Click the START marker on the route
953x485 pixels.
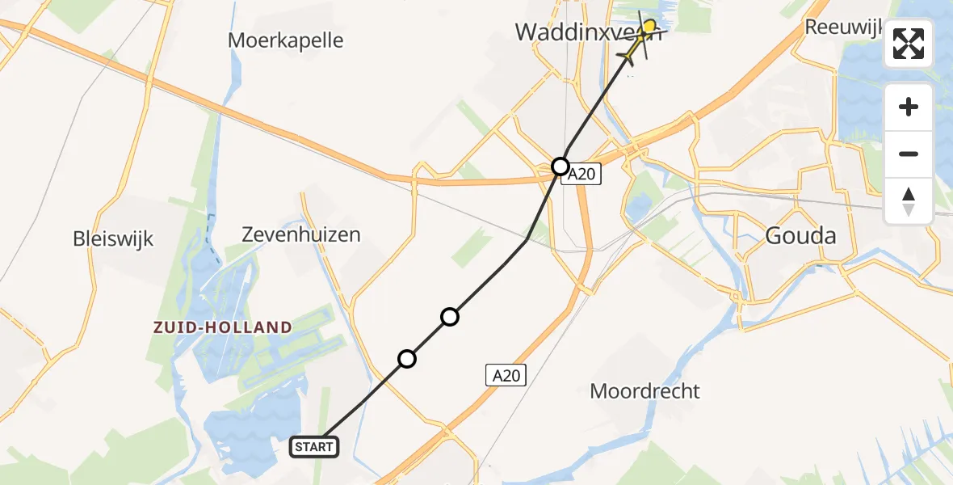(313, 446)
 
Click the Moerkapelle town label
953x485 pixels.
(285, 40)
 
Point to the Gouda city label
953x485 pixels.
(800, 236)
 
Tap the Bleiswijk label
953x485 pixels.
(113, 239)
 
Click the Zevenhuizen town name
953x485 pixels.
(301, 235)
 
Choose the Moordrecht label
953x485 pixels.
(644, 391)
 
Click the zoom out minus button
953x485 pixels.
(909, 154)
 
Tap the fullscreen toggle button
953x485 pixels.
(909, 44)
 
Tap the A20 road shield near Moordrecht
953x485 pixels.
(506, 374)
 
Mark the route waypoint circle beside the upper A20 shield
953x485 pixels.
(560, 167)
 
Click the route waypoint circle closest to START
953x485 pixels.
(407, 358)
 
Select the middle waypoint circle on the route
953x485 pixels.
(450, 317)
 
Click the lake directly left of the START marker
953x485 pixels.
(242, 436)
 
